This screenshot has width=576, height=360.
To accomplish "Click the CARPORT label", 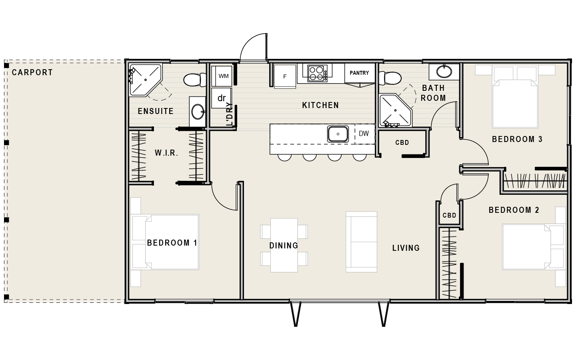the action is [x=32, y=72].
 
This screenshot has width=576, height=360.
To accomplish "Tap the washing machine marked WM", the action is [x=222, y=76].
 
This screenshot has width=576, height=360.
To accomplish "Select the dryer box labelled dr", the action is [x=222, y=98].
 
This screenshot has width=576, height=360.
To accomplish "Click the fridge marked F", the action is [x=285, y=76].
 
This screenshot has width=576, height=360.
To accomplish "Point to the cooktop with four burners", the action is [x=317, y=73].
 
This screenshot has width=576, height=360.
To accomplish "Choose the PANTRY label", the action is [x=359, y=73].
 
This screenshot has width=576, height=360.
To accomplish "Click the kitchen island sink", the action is [x=338, y=134].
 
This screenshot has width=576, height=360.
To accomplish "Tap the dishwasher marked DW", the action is [x=364, y=134].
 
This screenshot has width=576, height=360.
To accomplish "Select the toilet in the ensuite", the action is [x=195, y=80].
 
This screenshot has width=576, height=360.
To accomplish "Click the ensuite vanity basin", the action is [x=198, y=111].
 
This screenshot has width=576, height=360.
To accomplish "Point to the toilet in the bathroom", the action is [x=390, y=78].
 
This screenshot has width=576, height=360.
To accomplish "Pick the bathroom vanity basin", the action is [x=444, y=71].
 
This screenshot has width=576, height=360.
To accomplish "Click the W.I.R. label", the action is [x=166, y=153].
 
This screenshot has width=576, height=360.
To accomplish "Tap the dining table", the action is [x=284, y=245].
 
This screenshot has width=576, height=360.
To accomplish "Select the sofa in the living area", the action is [x=361, y=242].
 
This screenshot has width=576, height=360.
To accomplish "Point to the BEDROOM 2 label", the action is [x=514, y=210].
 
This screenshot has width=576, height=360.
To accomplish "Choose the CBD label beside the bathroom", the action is [x=402, y=142].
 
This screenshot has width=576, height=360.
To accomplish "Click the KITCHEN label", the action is [x=320, y=105].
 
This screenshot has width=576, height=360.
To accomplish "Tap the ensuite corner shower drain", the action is [x=146, y=80].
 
